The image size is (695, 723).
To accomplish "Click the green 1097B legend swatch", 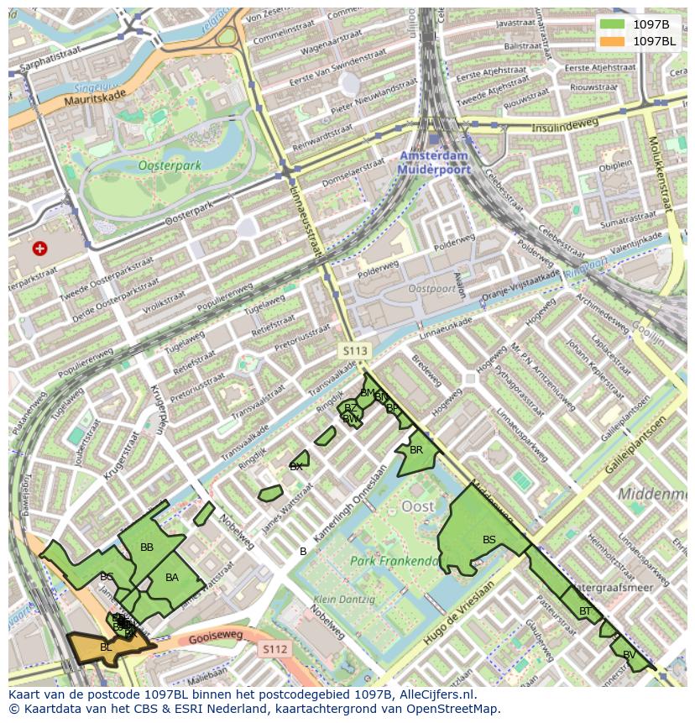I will click(612, 24).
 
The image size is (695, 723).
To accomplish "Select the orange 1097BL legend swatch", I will click(612, 41).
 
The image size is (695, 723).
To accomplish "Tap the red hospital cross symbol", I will click(39, 249).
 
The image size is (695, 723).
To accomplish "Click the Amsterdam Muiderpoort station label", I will click(435, 163).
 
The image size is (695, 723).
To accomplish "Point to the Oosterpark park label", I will click(170, 165).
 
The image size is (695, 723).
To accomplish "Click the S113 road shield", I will click(354, 349).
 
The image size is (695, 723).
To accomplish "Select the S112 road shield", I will click(274, 649).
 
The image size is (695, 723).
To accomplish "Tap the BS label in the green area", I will click(489, 540).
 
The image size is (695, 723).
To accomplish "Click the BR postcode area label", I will click(416, 450).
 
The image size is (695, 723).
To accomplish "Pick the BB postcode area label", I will click(147, 547).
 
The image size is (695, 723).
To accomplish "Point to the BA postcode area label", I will click(172, 578).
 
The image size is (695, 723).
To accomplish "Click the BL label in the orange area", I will click(106, 647).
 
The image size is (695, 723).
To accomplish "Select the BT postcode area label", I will click(585, 611).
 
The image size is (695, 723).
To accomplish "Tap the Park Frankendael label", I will click(395, 561).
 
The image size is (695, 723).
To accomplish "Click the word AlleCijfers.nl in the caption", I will click(436, 694).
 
